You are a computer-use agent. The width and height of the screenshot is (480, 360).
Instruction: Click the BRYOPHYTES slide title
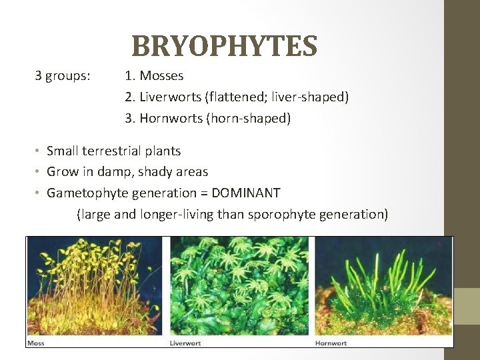(224, 46)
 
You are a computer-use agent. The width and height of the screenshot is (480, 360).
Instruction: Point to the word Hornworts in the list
(168, 119)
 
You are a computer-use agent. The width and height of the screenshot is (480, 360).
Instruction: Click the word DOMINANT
(245, 193)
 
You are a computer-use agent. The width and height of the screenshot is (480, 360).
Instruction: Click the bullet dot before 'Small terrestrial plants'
(38, 152)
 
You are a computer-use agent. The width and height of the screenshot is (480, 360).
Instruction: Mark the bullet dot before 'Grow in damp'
(38, 173)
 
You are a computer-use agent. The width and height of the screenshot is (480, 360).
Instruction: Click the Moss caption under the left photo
(35, 343)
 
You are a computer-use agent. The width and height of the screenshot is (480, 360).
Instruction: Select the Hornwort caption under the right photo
(331, 343)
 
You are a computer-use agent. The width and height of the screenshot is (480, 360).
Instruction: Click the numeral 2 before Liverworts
(129, 97)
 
